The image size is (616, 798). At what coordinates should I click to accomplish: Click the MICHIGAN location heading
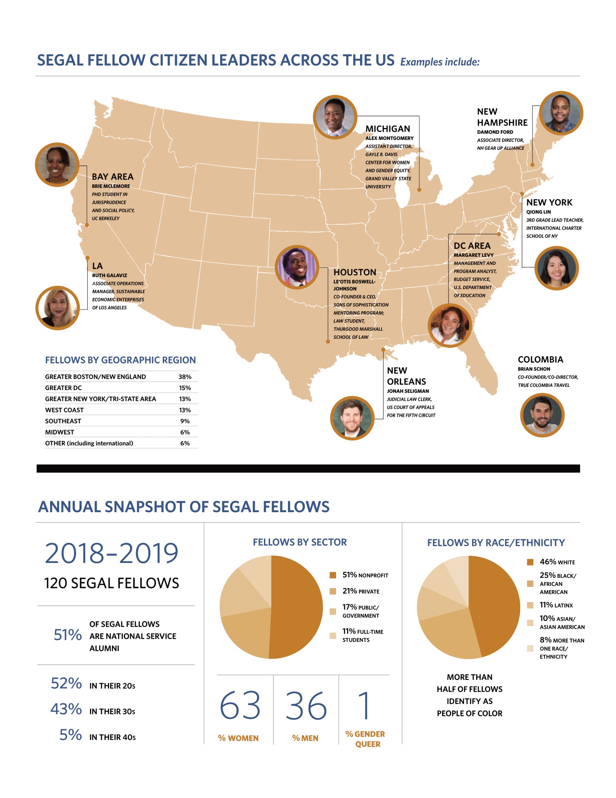[x=388, y=129]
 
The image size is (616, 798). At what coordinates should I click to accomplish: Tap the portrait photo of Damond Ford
[x=561, y=113]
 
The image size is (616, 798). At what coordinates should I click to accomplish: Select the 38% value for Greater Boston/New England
[x=185, y=377]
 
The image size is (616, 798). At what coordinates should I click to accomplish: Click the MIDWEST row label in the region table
[x=59, y=432]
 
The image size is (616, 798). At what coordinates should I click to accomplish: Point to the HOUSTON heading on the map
[x=355, y=272]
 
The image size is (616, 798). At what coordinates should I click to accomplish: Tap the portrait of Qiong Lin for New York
[x=556, y=268]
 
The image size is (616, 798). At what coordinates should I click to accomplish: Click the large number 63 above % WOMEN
[x=240, y=706]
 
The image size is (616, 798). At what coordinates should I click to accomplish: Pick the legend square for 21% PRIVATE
[x=332, y=591]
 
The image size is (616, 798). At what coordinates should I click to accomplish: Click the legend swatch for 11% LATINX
[x=530, y=605]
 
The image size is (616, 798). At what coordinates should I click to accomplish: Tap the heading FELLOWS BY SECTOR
[x=300, y=542]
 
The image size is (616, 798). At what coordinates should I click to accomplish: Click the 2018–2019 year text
[x=111, y=553]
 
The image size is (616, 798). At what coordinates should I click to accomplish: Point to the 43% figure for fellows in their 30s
[x=66, y=709]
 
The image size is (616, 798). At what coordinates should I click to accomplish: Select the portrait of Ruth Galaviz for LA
[x=57, y=308]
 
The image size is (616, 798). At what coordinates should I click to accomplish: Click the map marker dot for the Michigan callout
[x=419, y=190]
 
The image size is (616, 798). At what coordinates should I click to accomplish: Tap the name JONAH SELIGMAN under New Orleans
[x=408, y=391]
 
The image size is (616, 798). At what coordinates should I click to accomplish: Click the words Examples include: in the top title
[x=440, y=62]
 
